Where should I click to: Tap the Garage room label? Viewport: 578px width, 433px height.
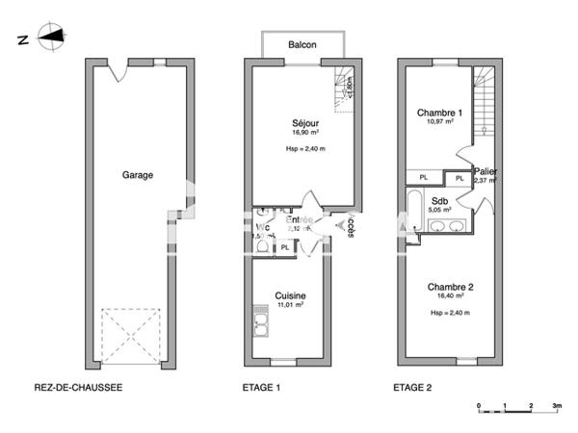point(138,175)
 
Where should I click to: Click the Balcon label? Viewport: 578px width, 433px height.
point(302,44)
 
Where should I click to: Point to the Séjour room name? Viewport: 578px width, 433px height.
point(306,123)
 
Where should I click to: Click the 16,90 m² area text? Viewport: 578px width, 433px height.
point(306,135)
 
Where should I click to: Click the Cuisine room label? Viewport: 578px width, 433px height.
point(290,295)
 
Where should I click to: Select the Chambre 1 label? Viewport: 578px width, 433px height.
point(439,114)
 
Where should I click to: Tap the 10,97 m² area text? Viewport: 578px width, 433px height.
point(439,125)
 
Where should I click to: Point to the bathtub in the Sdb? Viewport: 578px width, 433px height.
point(413,211)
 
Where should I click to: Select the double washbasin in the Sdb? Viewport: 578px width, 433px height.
point(448,226)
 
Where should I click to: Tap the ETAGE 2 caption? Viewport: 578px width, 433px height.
point(412,389)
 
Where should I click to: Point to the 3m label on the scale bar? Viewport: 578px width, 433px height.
point(557,406)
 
